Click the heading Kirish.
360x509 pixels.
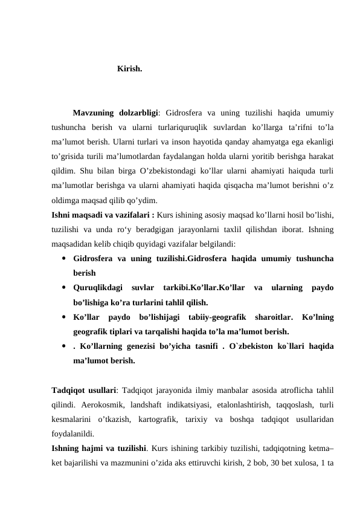[x=130, y=69]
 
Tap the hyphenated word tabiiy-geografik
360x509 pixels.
[x=212, y=317]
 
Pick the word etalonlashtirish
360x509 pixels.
[x=230, y=405]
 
